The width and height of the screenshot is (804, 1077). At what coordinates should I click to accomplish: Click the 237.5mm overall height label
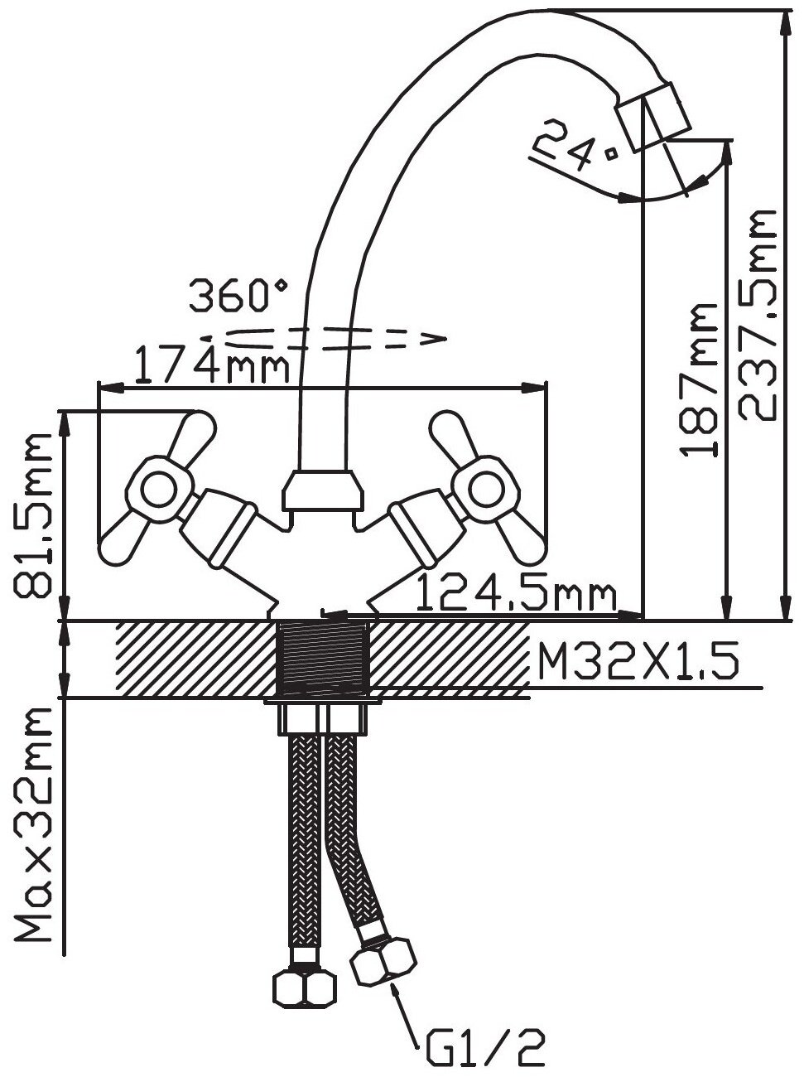coord(758,316)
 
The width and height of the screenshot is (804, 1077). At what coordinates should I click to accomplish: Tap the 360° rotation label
coord(238,296)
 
